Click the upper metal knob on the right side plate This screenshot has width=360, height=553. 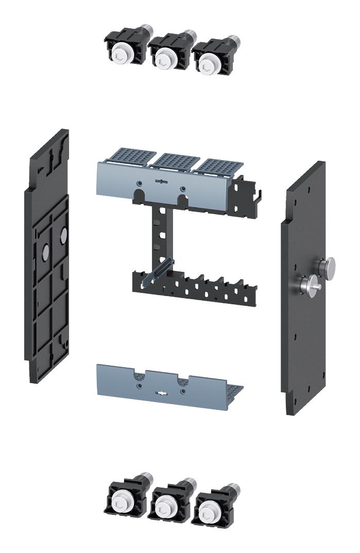[x=325, y=266]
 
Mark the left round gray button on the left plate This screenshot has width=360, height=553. [x=45, y=252]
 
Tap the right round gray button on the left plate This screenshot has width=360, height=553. [x=63, y=236]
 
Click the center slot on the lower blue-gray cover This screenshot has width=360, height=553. [x=162, y=394]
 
